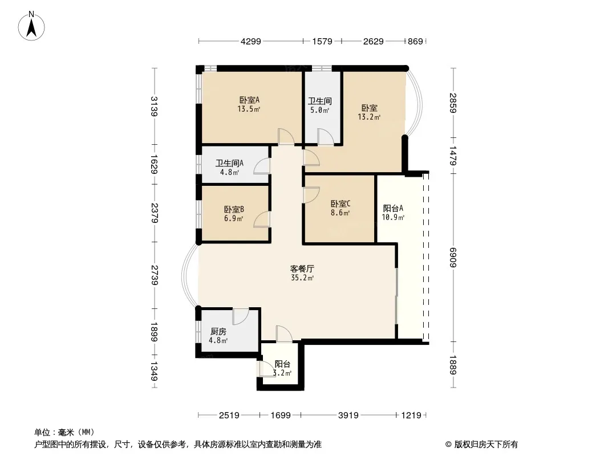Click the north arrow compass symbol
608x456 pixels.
pos(31,26)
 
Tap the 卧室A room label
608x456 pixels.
pos(249,100)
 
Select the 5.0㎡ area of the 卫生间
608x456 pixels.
pos(320,111)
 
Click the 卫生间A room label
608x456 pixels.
pos(229,163)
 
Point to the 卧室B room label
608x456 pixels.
pos(234,209)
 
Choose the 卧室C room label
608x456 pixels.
pos(341,203)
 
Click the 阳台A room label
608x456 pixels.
pos(393,208)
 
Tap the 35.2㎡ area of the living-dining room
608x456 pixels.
pos(302,278)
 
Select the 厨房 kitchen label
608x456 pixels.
pos(218,332)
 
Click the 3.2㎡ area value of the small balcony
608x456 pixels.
pos(282,373)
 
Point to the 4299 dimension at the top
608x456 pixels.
pos(251,41)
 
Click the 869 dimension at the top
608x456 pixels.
pos(415,41)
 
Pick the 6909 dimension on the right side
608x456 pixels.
pos(452,257)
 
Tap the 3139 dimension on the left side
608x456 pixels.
pos(155,106)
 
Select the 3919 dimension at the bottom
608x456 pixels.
pos(348,416)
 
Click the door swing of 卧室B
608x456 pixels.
pos(262,219)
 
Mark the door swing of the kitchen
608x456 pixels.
pos(241,317)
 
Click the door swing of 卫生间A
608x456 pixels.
pos(262,165)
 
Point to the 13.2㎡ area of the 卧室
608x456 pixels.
pos(369,117)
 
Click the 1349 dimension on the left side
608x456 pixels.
pos(155,371)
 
